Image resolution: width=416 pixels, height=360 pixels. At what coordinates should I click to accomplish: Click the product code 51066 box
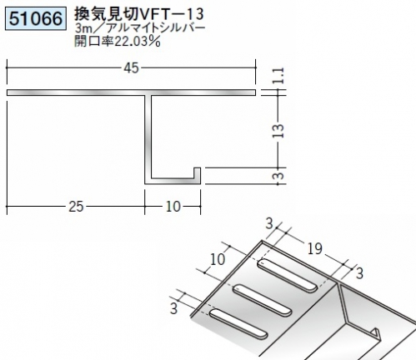[36, 19]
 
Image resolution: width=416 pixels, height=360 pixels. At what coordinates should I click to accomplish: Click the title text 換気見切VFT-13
[139, 14]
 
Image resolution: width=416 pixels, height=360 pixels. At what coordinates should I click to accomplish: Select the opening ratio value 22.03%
[138, 42]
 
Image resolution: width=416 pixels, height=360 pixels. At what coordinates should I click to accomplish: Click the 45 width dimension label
[131, 68]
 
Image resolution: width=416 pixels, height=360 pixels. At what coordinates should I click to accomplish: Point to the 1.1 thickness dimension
[278, 76]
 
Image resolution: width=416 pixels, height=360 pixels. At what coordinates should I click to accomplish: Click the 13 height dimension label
[278, 131]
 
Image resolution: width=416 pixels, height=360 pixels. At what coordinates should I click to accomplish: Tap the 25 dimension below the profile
[76, 207]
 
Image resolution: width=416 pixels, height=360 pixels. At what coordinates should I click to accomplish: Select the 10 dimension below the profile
[173, 207]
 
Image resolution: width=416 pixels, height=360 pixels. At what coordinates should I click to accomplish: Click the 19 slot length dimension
[315, 248]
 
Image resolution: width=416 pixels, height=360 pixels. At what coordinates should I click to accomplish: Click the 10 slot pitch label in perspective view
[218, 259]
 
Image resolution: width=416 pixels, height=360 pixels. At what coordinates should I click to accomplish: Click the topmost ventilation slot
[288, 275]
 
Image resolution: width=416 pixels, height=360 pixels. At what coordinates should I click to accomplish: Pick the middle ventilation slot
[263, 300]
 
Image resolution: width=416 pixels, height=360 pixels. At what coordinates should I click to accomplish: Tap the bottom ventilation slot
[238, 324]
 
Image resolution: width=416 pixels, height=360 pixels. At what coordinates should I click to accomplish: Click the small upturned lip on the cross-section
[197, 175]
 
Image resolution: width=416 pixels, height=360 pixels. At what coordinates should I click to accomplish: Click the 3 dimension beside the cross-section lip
[280, 176]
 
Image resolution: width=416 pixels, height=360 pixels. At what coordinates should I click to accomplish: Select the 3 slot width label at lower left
[173, 308]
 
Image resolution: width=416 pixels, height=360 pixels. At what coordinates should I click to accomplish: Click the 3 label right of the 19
[359, 273]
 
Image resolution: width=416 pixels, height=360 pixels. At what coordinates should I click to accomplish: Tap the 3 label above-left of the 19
[269, 223]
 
